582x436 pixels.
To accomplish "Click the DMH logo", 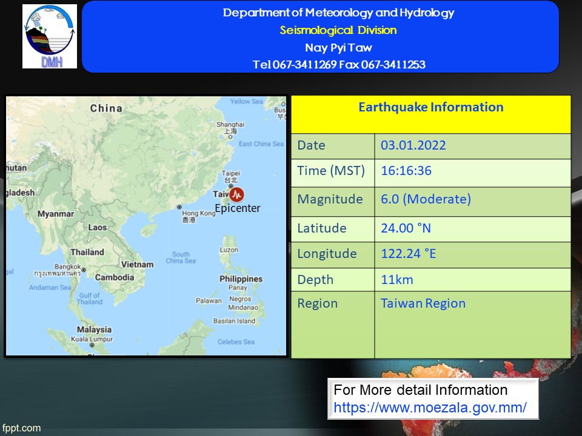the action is (50, 36).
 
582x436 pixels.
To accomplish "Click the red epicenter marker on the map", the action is (237, 194).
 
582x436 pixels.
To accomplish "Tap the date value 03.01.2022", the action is (413, 145).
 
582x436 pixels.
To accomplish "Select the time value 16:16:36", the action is (406, 171).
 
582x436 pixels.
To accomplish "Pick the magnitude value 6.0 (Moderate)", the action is (426, 199).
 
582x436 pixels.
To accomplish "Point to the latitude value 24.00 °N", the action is (406, 228).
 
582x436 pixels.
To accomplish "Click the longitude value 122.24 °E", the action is (408, 254).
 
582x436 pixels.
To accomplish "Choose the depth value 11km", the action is (396, 280).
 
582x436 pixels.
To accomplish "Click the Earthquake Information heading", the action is (430, 107).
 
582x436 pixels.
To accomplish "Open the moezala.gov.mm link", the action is (430, 408).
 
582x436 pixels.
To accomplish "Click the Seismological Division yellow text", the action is (338, 30).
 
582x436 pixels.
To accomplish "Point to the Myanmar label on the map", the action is (56, 214).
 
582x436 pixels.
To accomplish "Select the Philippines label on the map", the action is (241, 279).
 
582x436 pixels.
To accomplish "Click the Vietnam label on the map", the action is (138, 265).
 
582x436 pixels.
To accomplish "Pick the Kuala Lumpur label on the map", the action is (92, 339).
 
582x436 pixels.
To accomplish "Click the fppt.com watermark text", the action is (22, 428).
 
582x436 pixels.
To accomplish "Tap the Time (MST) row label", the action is (331, 171).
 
